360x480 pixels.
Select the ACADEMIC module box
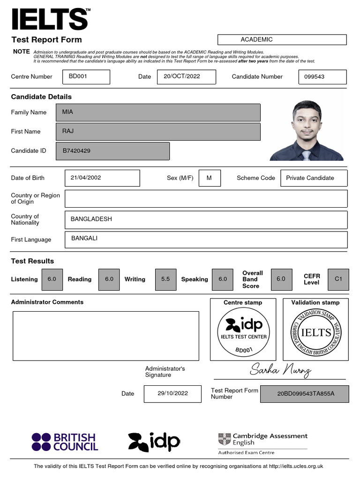tap(282, 40)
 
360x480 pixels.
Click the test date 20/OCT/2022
tap(187, 76)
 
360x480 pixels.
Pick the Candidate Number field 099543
tap(322, 76)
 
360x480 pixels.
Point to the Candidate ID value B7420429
tap(112, 151)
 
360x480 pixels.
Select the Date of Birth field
tap(102, 178)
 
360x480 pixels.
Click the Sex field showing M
tap(209, 178)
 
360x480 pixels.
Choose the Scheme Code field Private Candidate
tap(314, 178)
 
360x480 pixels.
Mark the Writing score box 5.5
tap(165, 279)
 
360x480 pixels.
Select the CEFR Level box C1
tap(338, 279)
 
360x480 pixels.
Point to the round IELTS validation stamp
tap(316, 333)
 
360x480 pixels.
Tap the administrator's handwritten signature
tap(280, 370)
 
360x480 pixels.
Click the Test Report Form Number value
tap(305, 394)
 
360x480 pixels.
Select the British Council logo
tap(65, 442)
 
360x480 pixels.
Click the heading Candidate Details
tap(41, 97)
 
